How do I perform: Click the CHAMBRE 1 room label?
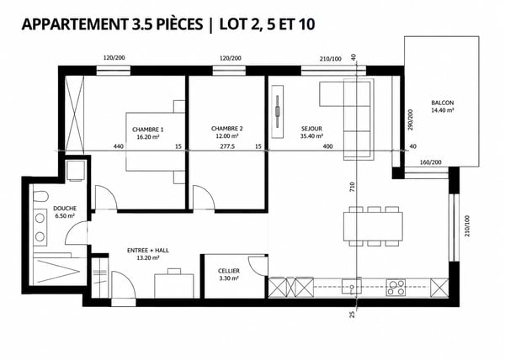[x=147, y=130]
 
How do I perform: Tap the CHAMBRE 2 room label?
[x=226, y=129]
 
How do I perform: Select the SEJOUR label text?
[x=311, y=129]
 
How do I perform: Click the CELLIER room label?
[x=229, y=271]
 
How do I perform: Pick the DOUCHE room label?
[x=65, y=209]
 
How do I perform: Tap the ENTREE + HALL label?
[x=148, y=251]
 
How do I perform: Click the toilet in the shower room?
[x=40, y=197]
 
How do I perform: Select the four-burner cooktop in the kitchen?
[x=396, y=288]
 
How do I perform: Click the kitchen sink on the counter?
[x=351, y=286]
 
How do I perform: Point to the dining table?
[x=373, y=226]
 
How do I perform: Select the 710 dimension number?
[x=352, y=188]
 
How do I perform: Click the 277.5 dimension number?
[x=227, y=146]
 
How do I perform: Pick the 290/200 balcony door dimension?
[x=410, y=119]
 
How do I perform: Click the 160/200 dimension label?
[x=431, y=162]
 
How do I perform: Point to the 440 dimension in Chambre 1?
[x=119, y=146]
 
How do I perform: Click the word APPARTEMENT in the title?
[x=75, y=24]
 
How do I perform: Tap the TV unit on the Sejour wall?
[x=277, y=112]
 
